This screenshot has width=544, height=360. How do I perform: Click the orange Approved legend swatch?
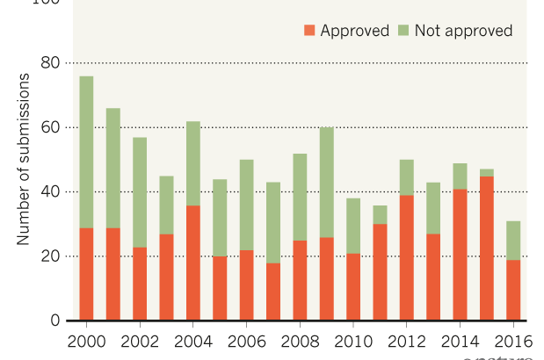click(308, 31)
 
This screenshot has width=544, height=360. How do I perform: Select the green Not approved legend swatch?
click(403, 31)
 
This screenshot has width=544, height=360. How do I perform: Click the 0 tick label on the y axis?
click(54, 320)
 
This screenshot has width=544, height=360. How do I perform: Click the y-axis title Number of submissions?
click(24, 159)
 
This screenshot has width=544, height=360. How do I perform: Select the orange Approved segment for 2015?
click(487, 248)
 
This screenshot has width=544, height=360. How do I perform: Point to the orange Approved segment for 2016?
click(513, 290)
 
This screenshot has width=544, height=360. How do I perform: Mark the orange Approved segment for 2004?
click(193, 263)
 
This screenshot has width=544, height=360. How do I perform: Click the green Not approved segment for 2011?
click(380, 214)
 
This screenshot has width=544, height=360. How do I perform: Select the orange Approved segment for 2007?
click(273, 291)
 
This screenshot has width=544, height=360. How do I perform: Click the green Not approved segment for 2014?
click(461, 176)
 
